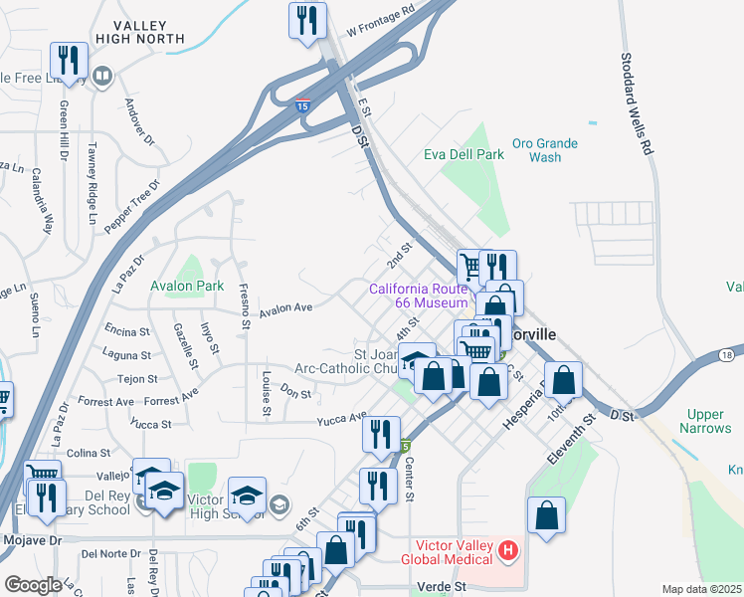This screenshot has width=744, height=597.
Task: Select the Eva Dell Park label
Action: tap(464, 155)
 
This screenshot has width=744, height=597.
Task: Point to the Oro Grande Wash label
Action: tap(544, 150)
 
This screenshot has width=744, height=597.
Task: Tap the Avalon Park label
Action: tap(185, 286)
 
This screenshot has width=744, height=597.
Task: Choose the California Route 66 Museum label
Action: tap(418, 296)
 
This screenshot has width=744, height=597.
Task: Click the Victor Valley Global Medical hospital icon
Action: tap(508, 549)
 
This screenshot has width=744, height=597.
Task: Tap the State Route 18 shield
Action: tap(727, 355)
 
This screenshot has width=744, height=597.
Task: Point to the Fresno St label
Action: tap(244, 306)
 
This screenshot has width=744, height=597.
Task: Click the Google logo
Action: tap(33, 585)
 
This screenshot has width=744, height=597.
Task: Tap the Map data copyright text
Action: tap(701, 589)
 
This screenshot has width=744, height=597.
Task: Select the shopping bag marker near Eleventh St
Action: tap(546, 515)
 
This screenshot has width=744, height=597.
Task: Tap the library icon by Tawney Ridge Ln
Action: tap(101, 76)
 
